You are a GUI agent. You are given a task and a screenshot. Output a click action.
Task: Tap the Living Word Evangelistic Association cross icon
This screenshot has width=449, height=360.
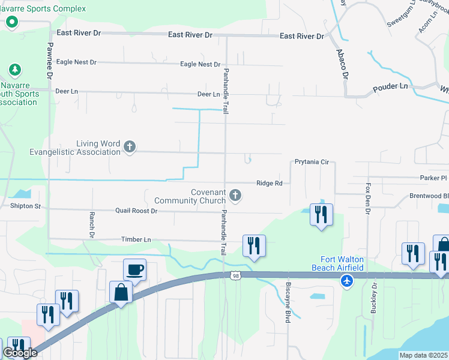coord(129,146)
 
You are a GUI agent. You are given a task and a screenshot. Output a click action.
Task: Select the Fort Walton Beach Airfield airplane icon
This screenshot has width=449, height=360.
coord(346,280)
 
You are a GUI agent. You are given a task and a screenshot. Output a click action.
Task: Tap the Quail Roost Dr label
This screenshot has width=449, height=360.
coord(136,211)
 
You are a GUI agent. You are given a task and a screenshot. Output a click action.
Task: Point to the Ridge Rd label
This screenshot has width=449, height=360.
coord(269,183)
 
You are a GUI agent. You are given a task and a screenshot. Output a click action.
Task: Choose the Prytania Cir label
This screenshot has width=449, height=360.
coord(312,162)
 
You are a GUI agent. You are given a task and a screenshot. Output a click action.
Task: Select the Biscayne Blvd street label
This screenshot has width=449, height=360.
coord(288,302)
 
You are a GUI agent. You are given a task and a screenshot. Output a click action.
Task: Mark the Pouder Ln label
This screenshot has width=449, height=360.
coord(390,86)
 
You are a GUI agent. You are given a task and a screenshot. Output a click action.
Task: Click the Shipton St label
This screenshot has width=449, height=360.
coord(25,206)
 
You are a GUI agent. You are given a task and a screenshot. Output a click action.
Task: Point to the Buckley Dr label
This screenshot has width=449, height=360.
coord(373,302)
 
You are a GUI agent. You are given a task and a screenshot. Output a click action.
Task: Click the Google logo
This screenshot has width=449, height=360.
coord(19,353)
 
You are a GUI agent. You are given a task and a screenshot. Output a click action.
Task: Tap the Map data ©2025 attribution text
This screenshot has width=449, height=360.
coord(423,355)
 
